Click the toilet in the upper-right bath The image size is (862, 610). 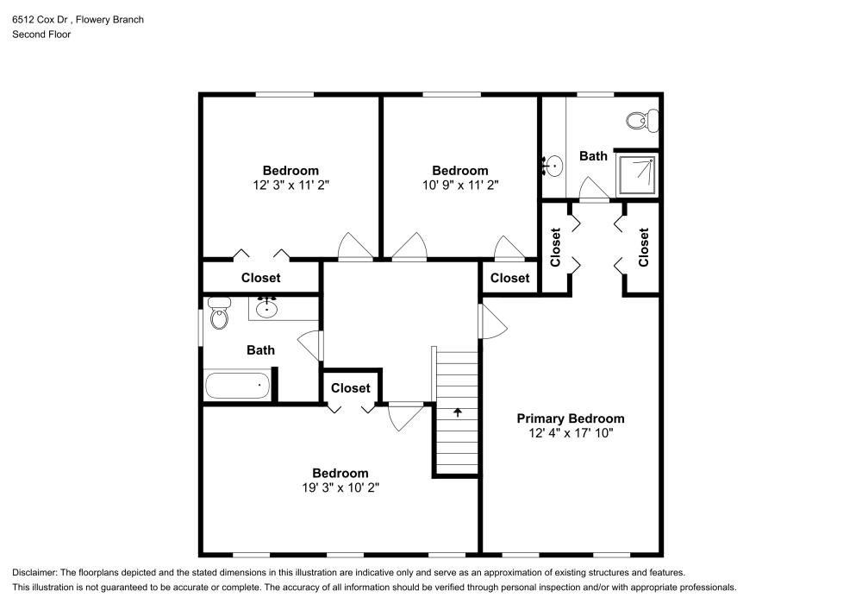coord(639,120)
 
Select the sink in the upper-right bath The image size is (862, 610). coord(554,165)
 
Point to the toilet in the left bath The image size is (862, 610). coord(220,315)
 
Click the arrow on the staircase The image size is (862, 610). coord(458,412)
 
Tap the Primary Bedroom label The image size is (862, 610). coord(570,418)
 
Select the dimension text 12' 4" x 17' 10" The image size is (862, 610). coord(570,433)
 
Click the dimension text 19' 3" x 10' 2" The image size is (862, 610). coord(340,487)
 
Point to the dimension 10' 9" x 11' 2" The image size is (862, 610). coord(459,185)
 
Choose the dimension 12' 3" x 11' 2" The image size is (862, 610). coord(290,185)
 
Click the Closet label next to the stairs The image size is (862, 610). coord(350,388)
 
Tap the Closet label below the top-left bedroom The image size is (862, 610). coord(260,278)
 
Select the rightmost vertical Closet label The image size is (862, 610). coord(644,247)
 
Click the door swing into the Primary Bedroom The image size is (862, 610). coord(494,321)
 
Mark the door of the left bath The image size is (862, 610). coord(309,345)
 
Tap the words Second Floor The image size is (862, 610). coord(41,35)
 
